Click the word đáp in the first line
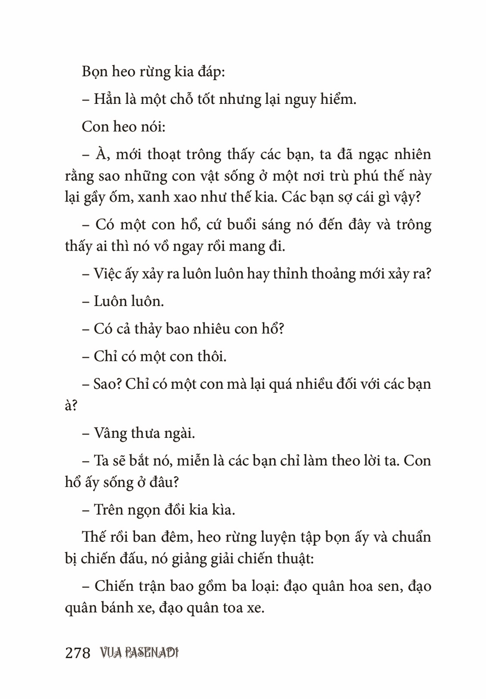pos(208,73)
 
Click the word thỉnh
pos(290,274)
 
